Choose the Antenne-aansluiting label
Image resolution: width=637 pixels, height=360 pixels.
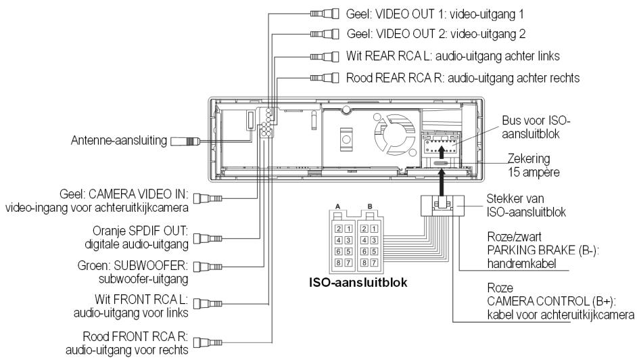click(118, 141)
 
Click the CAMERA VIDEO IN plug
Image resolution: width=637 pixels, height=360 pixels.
click(211, 198)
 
